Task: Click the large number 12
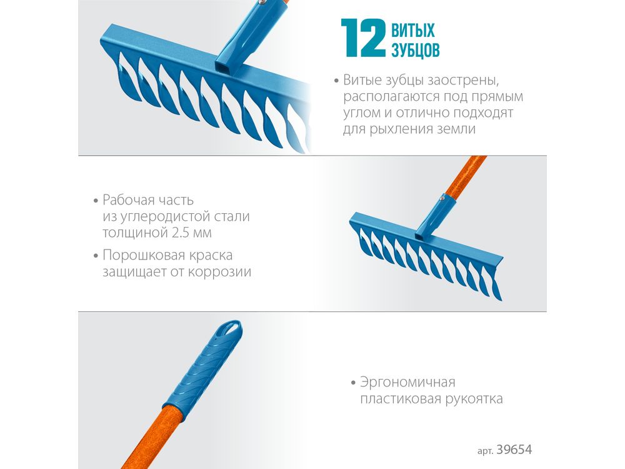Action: (x=363, y=38)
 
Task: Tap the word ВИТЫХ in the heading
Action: (x=413, y=31)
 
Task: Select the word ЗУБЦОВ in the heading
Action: (x=416, y=50)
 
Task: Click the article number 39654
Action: (x=514, y=450)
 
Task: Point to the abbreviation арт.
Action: (x=486, y=451)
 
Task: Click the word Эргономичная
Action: (x=407, y=383)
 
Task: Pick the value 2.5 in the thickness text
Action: (x=181, y=232)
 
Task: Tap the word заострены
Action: (x=462, y=81)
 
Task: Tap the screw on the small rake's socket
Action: (x=442, y=196)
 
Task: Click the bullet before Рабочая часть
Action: (x=96, y=201)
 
